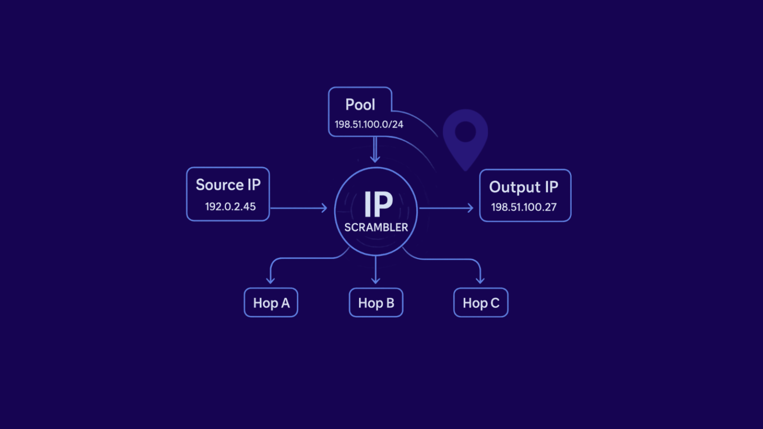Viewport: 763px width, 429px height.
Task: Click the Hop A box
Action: (271, 303)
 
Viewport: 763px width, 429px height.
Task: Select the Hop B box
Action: (376, 303)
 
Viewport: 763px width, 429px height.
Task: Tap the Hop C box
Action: (481, 303)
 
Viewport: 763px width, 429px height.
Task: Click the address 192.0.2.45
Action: (230, 207)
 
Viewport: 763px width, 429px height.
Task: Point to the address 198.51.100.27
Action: (524, 207)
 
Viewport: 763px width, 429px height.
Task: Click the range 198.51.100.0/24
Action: (369, 124)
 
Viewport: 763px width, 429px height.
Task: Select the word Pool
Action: (360, 105)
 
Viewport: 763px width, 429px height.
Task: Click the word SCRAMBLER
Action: (376, 228)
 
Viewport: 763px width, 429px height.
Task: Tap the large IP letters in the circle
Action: (378, 204)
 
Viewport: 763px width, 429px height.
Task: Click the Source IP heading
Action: (228, 185)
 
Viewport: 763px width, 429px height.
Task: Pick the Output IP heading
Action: (524, 187)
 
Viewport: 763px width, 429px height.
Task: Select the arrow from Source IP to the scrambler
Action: (299, 208)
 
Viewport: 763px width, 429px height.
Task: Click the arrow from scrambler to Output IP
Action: (446, 208)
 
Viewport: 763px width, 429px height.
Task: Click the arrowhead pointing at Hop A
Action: (270, 280)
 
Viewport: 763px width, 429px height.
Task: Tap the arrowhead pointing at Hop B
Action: (376, 280)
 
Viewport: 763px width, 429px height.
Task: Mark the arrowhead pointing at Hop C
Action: (480, 280)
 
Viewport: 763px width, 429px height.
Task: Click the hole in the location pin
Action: (465, 132)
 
